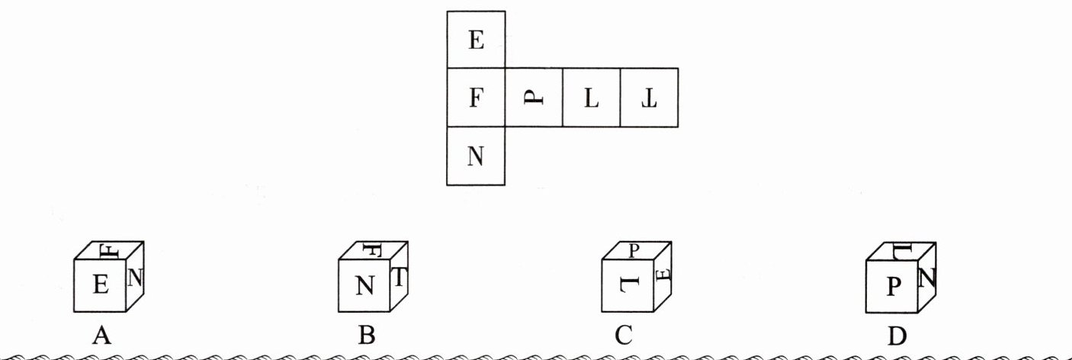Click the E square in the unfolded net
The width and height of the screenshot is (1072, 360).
(476, 40)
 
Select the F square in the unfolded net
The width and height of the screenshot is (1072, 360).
(476, 98)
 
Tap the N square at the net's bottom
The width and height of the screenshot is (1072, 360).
(476, 156)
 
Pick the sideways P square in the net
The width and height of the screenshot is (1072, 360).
(533, 98)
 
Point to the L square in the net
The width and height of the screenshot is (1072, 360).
(591, 98)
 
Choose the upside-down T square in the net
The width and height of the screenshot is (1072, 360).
(649, 98)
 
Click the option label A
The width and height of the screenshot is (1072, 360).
(101, 335)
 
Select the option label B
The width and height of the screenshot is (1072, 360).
(366, 335)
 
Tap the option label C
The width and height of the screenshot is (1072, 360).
(623, 335)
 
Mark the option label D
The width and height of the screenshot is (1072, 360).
(897, 335)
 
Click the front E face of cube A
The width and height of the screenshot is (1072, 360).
(100, 285)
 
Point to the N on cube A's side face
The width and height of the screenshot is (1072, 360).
(136, 277)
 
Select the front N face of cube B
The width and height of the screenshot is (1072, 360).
(365, 286)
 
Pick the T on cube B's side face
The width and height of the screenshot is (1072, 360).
(400, 278)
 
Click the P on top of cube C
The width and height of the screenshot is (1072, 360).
(634, 249)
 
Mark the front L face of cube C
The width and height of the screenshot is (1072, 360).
(627, 285)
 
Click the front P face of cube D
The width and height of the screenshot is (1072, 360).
(893, 286)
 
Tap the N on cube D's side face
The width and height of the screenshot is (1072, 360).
(927, 277)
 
